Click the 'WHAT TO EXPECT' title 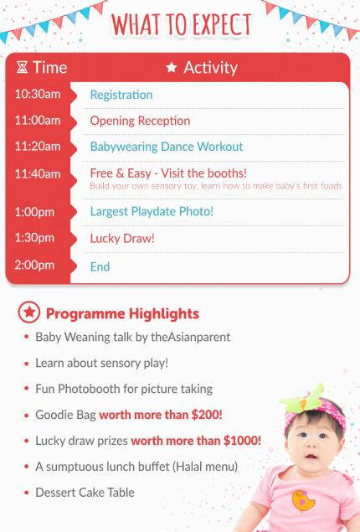point(182,24)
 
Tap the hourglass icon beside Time point(22,68)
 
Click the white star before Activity point(172,67)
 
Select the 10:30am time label point(38,94)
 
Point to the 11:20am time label point(38,147)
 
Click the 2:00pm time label point(34,265)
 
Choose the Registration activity point(121,95)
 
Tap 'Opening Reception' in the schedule point(140,121)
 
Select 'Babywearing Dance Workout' point(167,147)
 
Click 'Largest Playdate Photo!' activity point(152,211)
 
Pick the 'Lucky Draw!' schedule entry point(122,238)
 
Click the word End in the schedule point(100,266)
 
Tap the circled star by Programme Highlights point(29,312)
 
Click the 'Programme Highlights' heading point(122,314)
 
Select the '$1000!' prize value point(243,441)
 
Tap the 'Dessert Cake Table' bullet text point(85,493)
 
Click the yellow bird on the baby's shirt point(303,500)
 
